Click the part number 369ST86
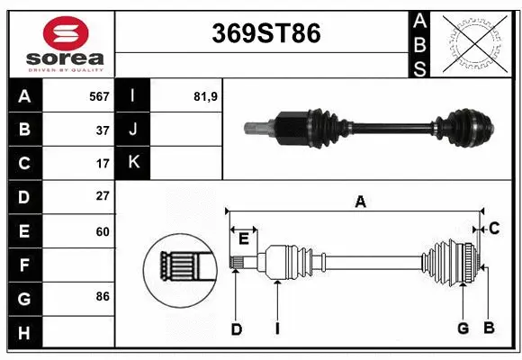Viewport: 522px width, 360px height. tap(265, 33)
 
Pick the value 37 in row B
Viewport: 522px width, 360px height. tap(102, 130)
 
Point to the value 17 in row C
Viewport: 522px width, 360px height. tap(102, 164)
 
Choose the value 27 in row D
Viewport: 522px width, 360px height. tap(102, 196)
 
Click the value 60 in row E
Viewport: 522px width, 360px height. tap(102, 231)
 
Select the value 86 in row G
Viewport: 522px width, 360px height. tap(102, 296)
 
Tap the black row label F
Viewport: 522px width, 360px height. tap(24, 265)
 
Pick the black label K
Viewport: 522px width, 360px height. tap(134, 163)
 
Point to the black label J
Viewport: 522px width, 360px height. tap(134, 130)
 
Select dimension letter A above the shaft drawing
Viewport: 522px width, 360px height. tap(360, 202)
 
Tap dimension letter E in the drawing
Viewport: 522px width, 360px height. tap(243, 237)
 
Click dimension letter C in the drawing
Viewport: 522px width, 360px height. tap(494, 229)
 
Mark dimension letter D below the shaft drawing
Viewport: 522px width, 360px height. tap(236, 329)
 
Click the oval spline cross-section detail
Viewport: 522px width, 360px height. tap(176, 266)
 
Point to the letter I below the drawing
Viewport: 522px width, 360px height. tap(278, 329)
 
